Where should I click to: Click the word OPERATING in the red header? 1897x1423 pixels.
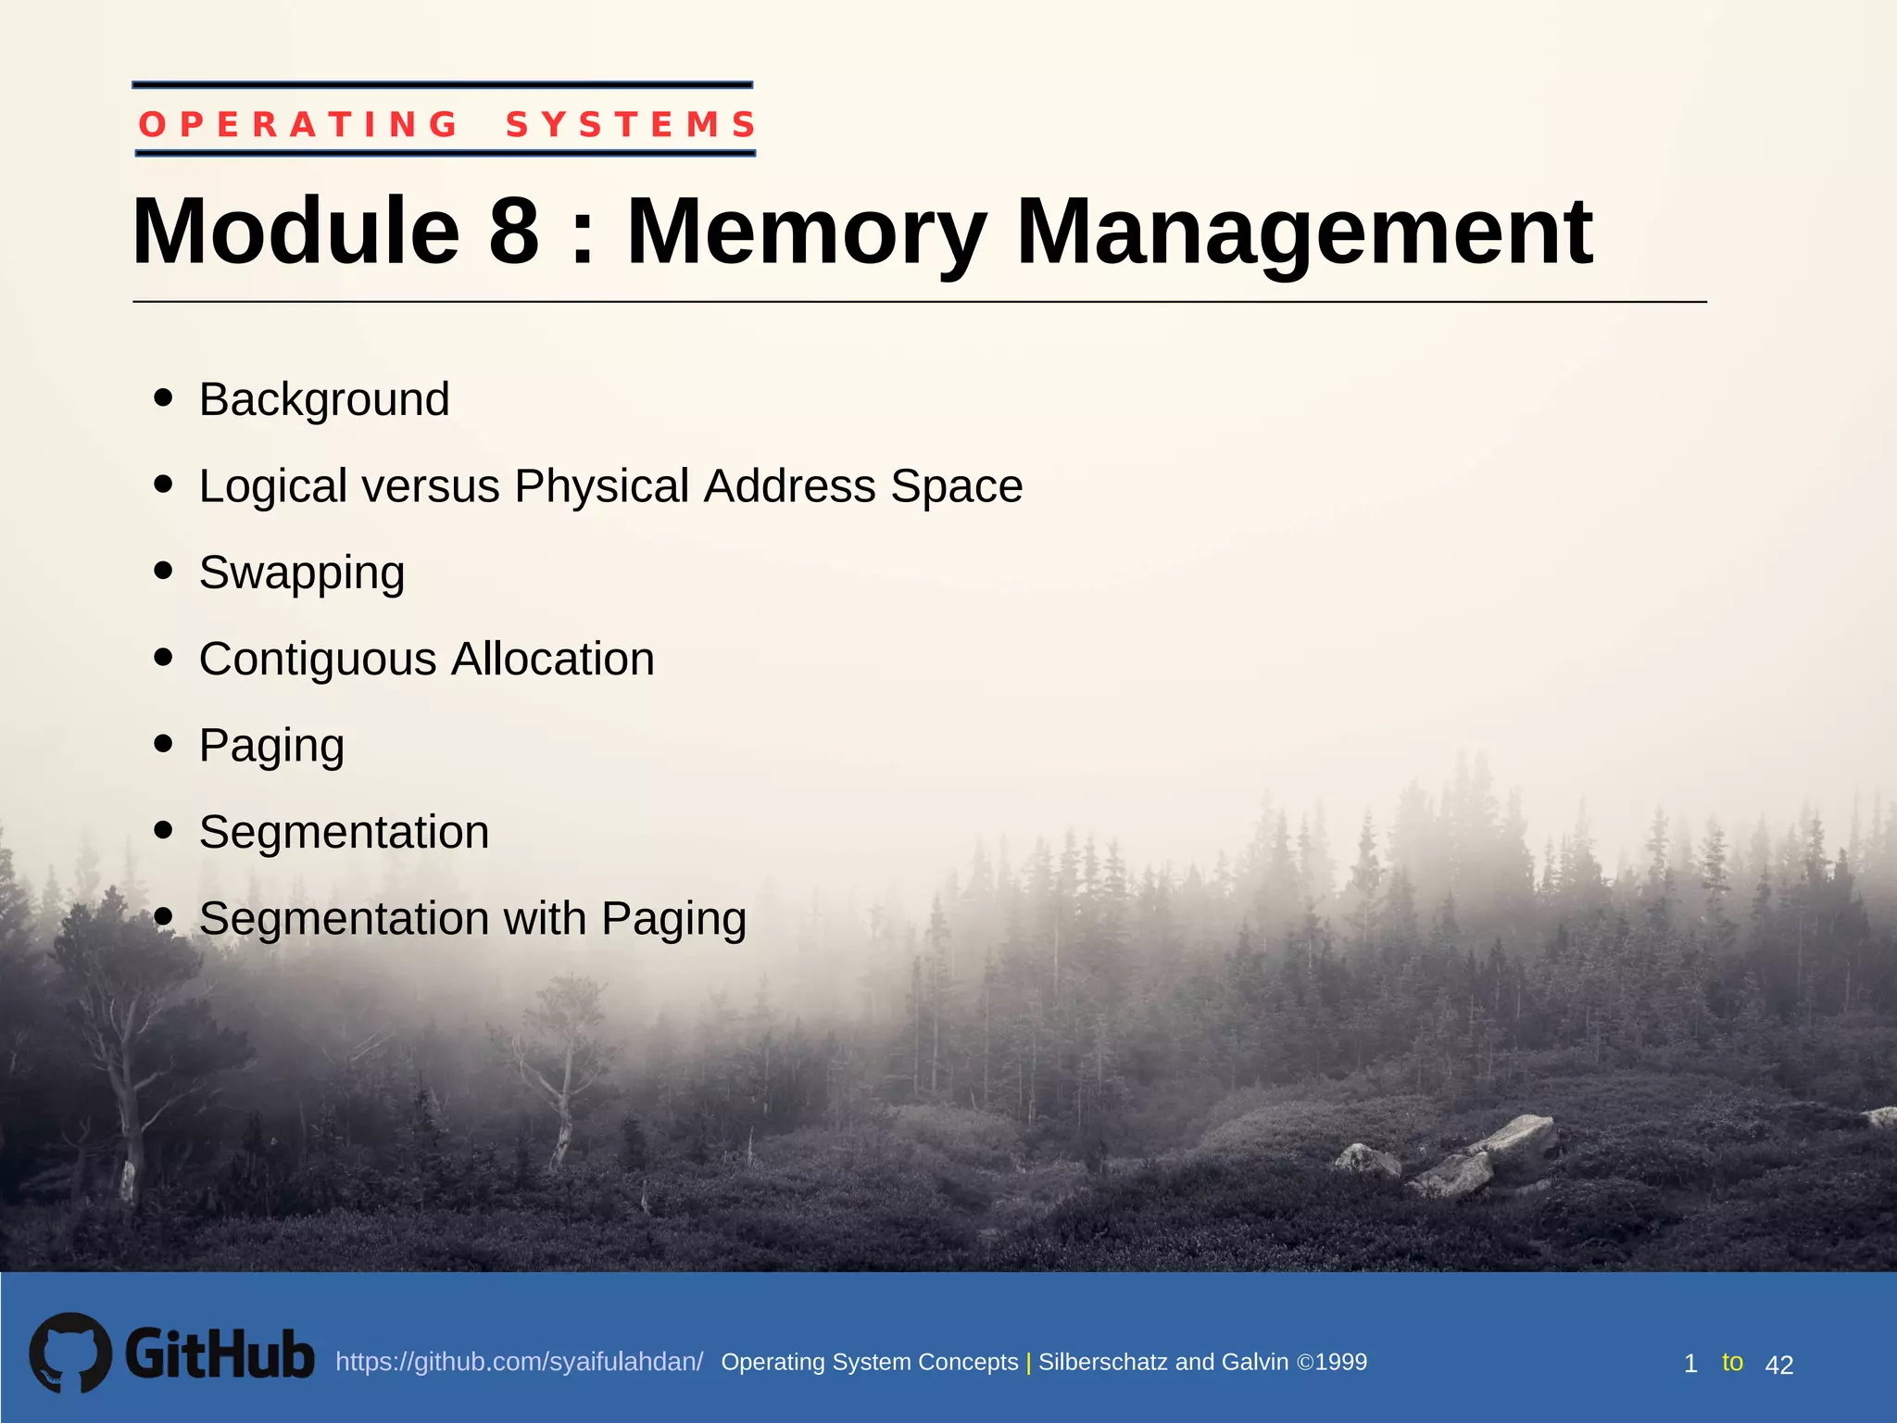[298, 124]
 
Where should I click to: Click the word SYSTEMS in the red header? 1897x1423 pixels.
[631, 124]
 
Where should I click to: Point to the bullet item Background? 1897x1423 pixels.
[324, 399]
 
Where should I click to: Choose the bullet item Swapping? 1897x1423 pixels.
[302, 573]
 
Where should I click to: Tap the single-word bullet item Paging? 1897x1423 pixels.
[271, 746]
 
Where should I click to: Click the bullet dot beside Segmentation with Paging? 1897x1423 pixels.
[164, 916]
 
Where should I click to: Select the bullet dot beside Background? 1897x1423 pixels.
[164, 397]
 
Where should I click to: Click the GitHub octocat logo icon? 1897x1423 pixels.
[70, 1353]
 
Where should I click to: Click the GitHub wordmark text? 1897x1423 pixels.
[220, 1354]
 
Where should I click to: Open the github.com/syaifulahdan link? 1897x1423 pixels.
[519, 1362]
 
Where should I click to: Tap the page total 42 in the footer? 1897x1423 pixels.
[1778, 1365]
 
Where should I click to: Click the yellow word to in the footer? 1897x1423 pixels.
[1732, 1362]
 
